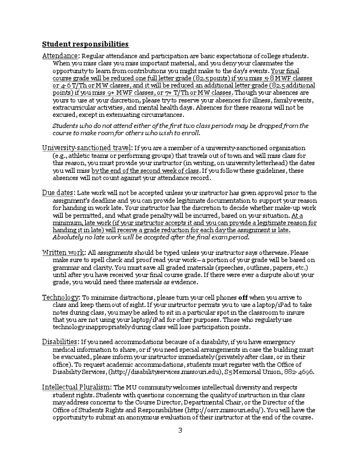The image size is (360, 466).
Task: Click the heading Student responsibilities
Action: (x=85, y=44)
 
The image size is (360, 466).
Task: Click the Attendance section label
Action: (x=61, y=56)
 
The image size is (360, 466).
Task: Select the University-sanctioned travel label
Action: (x=87, y=148)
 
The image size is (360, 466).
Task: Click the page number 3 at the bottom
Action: (x=180, y=431)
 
